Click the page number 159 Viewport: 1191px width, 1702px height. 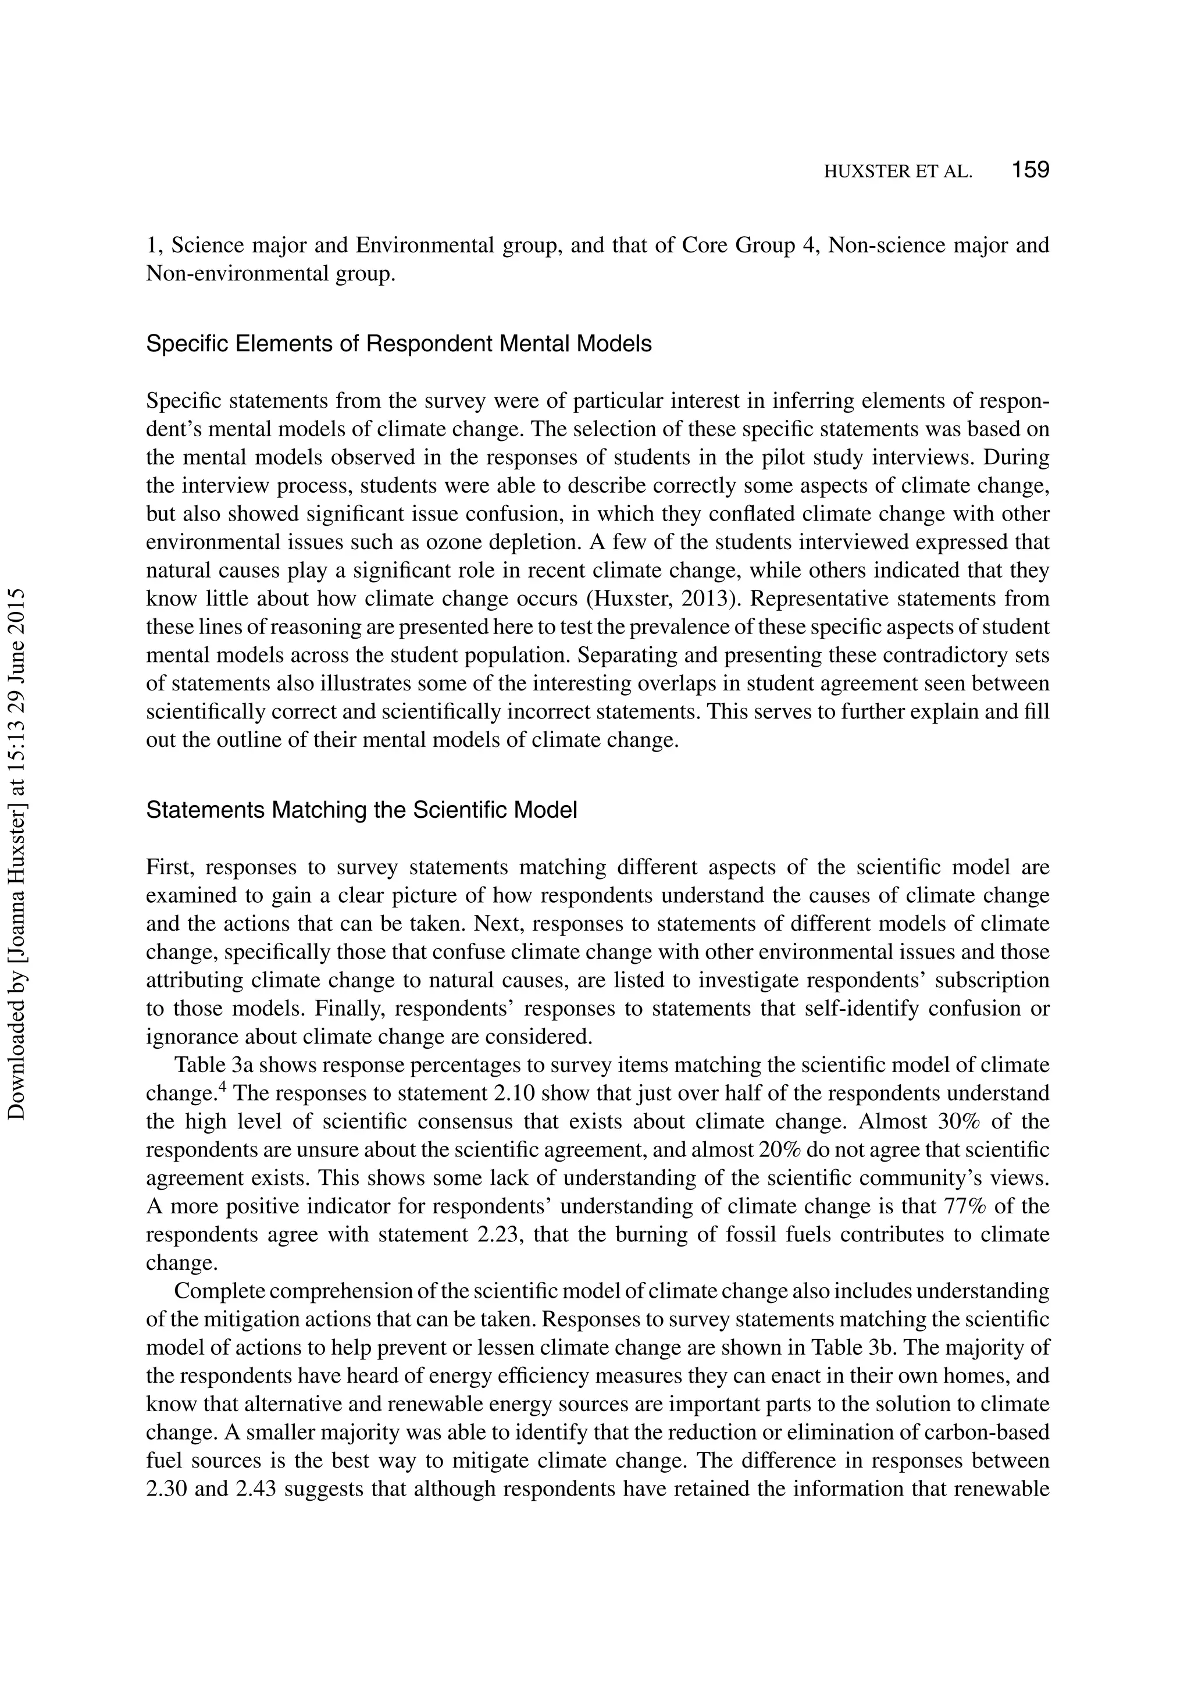pos(1030,170)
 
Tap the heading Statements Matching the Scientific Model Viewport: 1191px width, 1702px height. pos(361,810)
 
